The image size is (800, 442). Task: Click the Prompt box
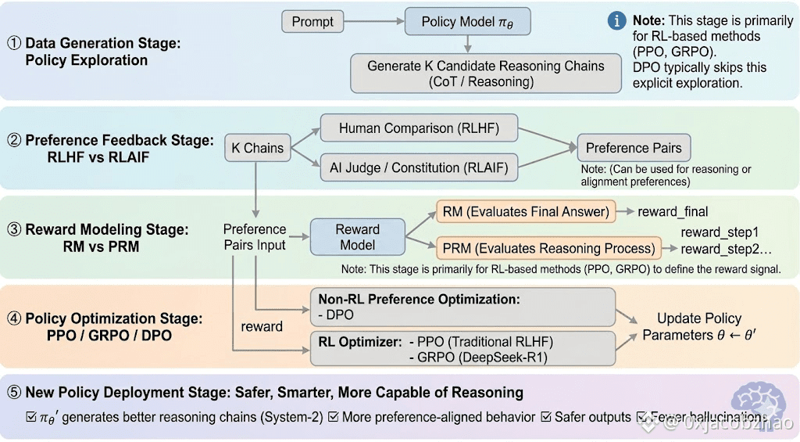click(312, 22)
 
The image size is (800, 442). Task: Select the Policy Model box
click(467, 22)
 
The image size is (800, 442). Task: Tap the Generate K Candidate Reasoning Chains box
click(486, 73)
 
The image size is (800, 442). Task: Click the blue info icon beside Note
click(617, 20)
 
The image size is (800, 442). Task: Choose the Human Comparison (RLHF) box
click(419, 128)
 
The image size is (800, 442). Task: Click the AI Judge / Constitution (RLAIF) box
click(419, 167)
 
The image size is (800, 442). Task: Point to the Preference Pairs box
click(634, 147)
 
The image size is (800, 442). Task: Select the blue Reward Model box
click(358, 237)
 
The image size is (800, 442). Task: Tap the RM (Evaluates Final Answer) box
click(526, 211)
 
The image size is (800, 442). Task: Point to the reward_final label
click(673, 211)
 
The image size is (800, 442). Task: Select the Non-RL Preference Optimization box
click(462, 306)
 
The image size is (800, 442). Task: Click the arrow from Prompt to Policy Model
click(374, 22)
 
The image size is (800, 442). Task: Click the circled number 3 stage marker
click(12, 229)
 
